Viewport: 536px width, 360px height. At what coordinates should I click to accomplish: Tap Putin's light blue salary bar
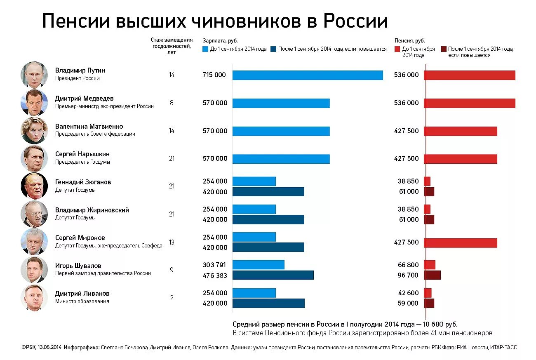point(308,75)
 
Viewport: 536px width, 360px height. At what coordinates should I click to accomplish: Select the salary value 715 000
point(214,75)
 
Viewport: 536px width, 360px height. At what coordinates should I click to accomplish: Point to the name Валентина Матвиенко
point(89,126)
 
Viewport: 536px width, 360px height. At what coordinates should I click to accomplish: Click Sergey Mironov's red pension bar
point(460,242)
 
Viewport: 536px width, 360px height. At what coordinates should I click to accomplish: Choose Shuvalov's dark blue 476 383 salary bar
point(273,275)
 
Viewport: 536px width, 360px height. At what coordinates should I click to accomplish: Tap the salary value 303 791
point(214,265)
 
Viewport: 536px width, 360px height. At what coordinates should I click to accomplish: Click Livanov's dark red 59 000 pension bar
point(429,303)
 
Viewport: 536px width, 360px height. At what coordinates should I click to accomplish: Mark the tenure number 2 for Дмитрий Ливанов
point(172,298)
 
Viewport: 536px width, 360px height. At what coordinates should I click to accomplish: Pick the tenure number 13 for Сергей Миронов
point(172,242)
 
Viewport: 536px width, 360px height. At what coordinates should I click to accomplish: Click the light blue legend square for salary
point(205,49)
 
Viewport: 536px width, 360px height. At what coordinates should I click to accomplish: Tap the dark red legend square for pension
point(444,49)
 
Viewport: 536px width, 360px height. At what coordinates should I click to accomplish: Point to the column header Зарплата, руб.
point(220,41)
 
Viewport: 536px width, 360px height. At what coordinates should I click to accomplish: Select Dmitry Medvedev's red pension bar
point(469,103)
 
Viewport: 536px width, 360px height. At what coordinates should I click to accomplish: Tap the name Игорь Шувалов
point(78,266)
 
